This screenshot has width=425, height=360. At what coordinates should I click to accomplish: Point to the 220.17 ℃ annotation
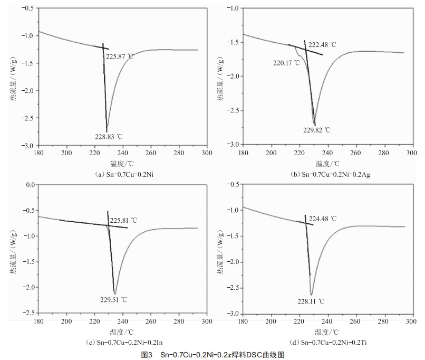(286, 62)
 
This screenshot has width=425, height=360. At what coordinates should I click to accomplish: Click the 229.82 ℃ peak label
(316, 129)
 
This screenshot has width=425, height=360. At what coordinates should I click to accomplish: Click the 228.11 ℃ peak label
(311, 301)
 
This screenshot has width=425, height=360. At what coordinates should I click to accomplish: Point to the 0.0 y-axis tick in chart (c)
(29, 185)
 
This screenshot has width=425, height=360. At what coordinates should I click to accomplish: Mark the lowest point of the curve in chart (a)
(107, 131)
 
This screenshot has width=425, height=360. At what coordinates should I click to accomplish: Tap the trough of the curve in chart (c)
(114, 293)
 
